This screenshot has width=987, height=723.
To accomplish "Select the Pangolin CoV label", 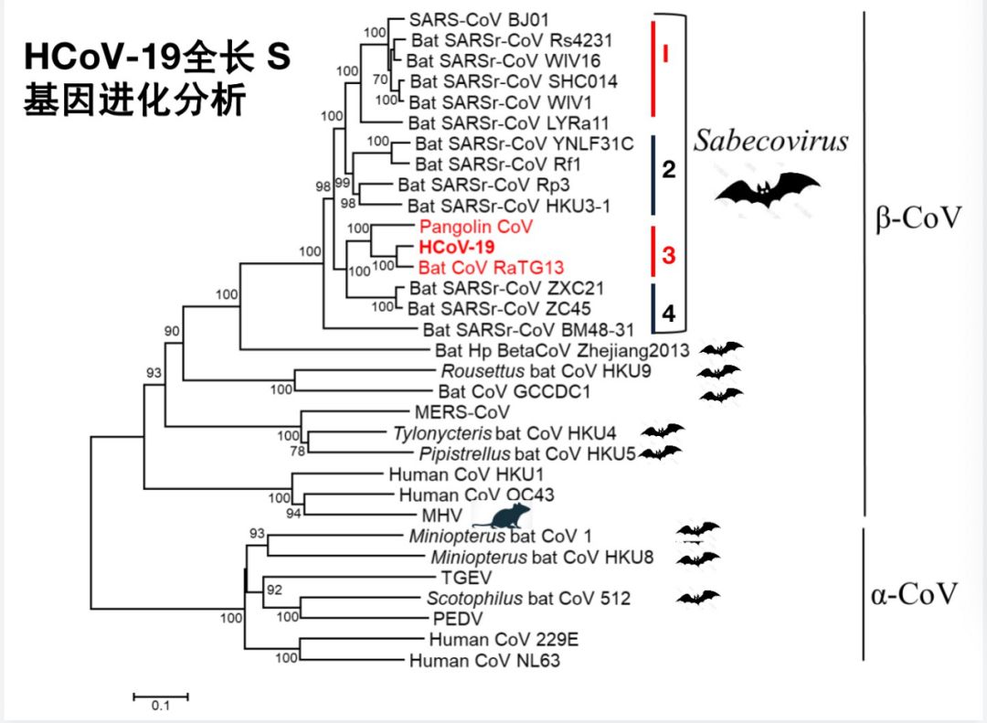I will [475, 226].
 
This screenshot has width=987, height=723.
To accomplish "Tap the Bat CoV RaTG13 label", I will [491, 268].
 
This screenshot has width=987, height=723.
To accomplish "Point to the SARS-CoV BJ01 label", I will [466, 19].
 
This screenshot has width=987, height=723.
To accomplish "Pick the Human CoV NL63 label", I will [484, 660].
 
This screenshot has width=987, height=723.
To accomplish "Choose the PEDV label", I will [445, 619].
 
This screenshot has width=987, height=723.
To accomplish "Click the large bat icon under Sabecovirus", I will [767, 188].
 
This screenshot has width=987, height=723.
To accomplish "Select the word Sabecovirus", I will [770, 141].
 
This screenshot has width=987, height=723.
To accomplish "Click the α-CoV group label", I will [915, 594].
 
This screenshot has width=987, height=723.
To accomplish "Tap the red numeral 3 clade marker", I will [668, 255].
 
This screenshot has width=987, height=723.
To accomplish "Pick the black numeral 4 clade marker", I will [668, 314].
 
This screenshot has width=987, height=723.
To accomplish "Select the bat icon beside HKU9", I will [719, 372].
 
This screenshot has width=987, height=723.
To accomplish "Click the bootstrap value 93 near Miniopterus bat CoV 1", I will [256, 534].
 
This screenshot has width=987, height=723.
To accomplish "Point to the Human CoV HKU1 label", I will [446, 474].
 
